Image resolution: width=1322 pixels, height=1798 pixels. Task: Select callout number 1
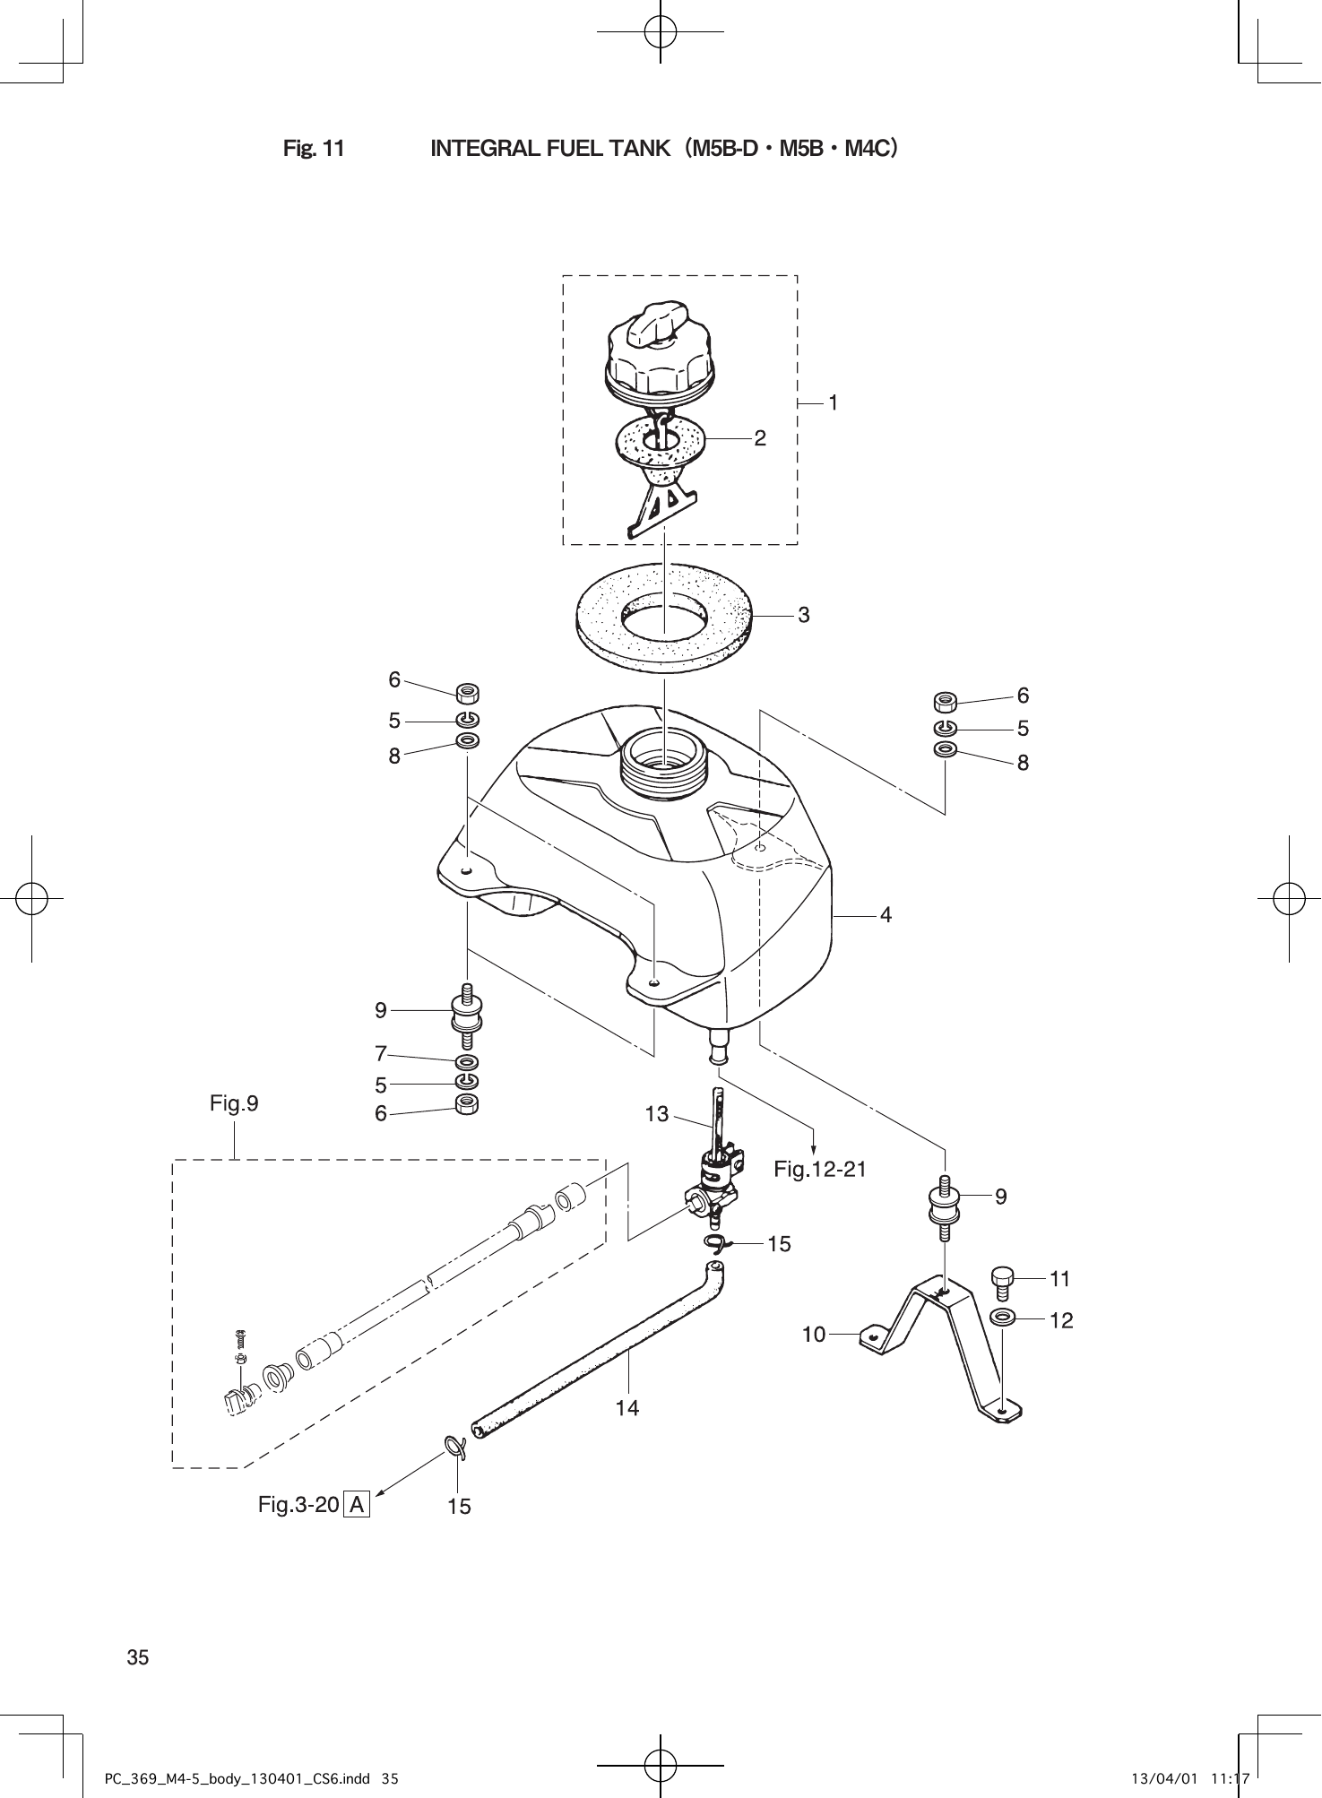click(833, 404)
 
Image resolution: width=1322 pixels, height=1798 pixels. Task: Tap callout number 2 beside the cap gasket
click(760, 438)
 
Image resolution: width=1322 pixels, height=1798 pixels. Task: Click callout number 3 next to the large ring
click(804, 615)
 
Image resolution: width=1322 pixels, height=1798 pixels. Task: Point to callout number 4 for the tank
click(886, 915)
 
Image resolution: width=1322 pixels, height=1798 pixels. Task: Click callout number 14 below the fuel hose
click(627, 1408)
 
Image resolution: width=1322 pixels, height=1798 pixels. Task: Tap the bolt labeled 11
click(1002, 1282)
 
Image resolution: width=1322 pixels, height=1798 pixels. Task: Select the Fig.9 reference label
click(234, 1103)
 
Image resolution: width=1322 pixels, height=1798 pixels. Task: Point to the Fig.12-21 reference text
click(820, 1169)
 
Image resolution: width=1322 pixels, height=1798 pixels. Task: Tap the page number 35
click(138, 1657)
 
